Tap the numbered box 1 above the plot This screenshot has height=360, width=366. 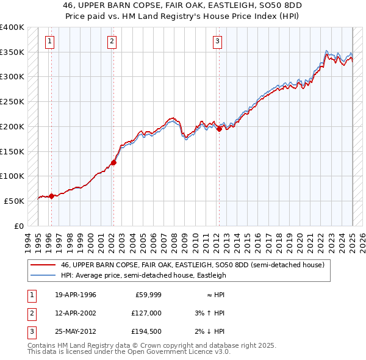49,41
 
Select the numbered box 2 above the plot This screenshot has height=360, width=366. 112,41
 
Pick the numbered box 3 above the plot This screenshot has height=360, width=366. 218,41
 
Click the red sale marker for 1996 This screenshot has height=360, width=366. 51,196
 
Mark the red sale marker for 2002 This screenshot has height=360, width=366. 113,162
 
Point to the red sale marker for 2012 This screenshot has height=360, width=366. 220,129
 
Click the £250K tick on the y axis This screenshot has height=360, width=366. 12,101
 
